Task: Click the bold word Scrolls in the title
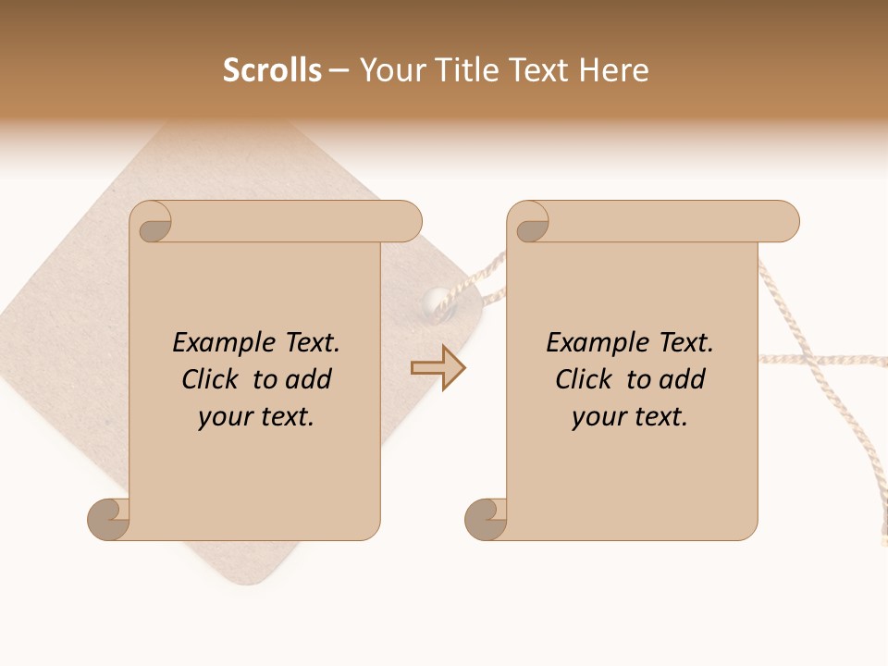point(272,70)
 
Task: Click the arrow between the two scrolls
point(438,368)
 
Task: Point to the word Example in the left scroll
point(215,343)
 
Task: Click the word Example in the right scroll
point(588,343)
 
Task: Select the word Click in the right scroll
point(585,379)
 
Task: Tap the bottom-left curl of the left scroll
point(107,518)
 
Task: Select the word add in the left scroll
point(309,379)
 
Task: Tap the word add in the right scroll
point(683,379)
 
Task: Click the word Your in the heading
point(389,70)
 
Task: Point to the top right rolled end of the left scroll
point(403,222)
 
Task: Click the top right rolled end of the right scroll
point(781,222)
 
